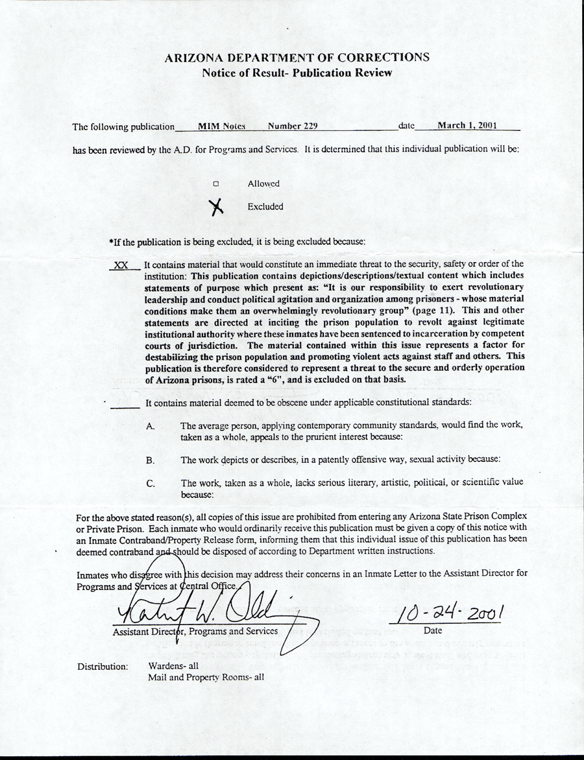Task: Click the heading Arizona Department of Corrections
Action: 297,57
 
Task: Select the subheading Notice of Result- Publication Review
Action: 297,73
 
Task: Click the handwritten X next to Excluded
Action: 217,206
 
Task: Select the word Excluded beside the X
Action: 265,207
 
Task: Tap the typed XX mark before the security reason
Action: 120,265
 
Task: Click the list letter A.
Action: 150,426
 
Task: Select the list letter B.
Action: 150,460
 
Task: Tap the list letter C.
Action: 150,483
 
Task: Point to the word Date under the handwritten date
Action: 432,630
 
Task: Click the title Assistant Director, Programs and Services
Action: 195,631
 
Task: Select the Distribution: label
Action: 103,667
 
